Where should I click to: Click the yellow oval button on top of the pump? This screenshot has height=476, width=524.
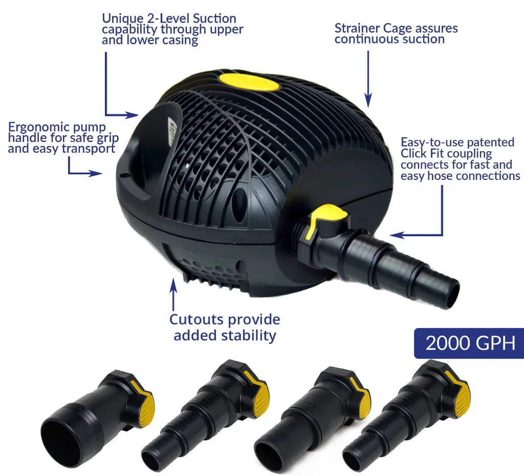249,82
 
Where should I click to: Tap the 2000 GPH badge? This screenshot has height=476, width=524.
469,343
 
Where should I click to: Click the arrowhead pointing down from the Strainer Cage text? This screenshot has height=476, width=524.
368,100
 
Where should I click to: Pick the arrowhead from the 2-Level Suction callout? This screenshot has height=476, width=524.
131,115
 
